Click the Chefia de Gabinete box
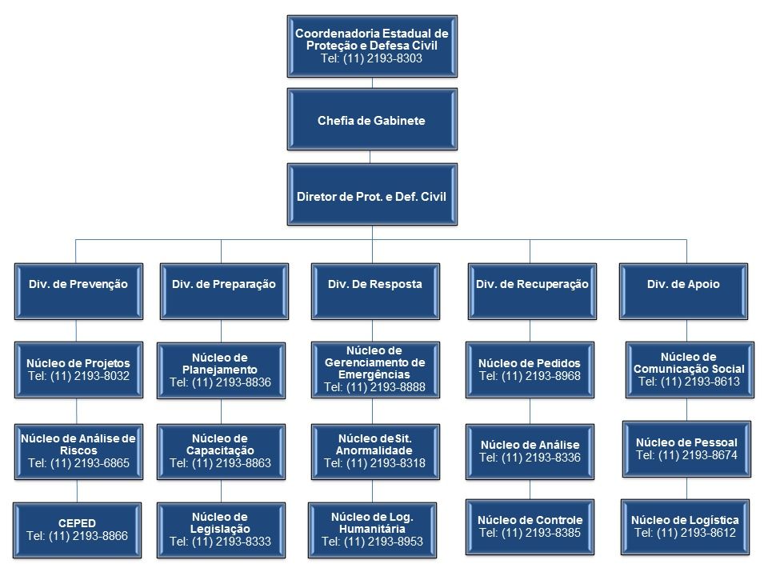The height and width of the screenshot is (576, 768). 372,121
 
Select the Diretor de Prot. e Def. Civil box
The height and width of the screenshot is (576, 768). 372,194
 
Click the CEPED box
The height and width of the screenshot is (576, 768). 77,529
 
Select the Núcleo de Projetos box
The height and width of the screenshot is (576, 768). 77,370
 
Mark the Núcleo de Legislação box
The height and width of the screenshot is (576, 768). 221,529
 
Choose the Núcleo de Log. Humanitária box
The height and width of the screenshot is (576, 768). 372,529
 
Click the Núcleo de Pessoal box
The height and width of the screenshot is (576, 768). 686,449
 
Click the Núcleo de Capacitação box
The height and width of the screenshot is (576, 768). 221,450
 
